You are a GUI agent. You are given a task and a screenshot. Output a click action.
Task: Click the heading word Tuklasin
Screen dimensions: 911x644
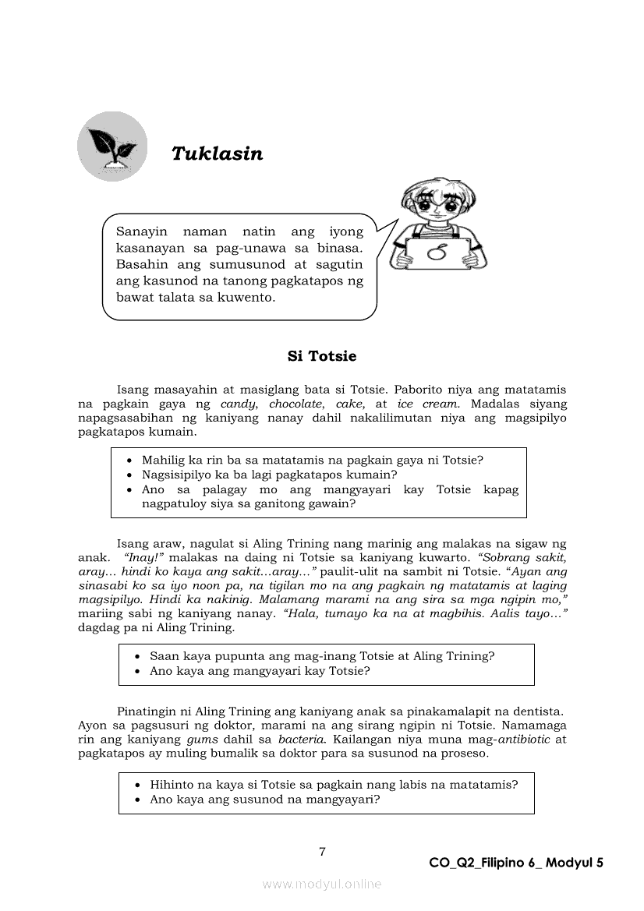[x=217, y=154]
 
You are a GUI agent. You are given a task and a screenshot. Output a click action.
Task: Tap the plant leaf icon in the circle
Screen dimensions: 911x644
[x=112, y=146]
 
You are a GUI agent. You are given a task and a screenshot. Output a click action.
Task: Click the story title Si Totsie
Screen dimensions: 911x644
[x=322, y=356]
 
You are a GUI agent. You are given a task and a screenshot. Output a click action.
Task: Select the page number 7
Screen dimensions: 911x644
[x=322, y=851]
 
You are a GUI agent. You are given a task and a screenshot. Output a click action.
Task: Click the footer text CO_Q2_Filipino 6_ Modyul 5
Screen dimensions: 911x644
[x=516, y=863]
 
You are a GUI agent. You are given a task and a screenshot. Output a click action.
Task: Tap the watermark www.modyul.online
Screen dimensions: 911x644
[x=322, y=884]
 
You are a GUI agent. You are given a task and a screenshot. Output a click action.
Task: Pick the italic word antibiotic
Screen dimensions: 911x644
[x=525, y=739]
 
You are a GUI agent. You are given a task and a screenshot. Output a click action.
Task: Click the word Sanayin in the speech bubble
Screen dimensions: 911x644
[x=142, y=231]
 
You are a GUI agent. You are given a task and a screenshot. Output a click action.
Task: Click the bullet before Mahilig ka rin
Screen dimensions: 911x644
[x=129, y=461]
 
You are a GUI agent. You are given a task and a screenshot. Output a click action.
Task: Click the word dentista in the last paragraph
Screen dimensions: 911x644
[x=536, y=711]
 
